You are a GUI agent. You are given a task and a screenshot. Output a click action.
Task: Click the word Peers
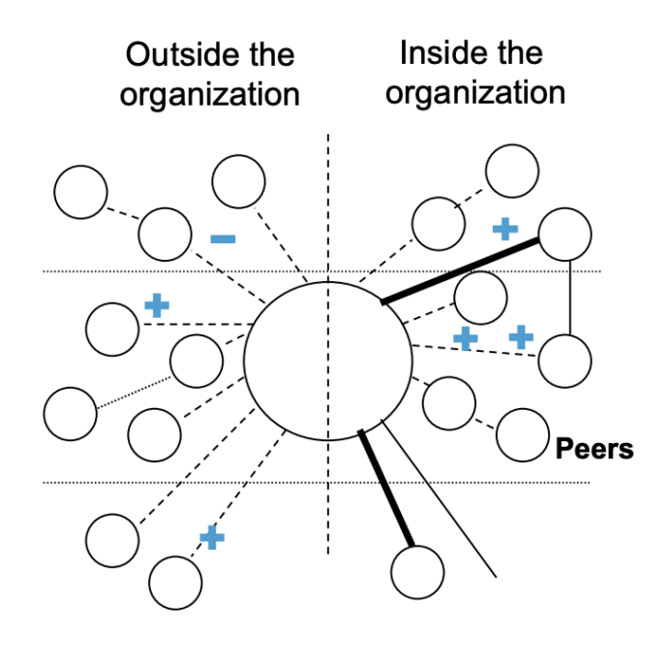coord(594,450)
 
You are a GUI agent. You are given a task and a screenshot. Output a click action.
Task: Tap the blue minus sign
coord(223,237)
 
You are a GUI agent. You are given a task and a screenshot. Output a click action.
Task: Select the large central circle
coord(328,360)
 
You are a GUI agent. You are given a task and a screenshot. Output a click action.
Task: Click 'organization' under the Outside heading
coord(209,95)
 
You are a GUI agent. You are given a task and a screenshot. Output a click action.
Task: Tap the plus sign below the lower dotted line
coord(211,537)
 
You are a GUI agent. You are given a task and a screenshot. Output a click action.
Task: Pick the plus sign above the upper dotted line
coord(504,229)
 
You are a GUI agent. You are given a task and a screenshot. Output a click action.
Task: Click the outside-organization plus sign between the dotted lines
coord(156,305)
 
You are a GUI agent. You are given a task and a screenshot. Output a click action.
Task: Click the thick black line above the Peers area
coord(461,271)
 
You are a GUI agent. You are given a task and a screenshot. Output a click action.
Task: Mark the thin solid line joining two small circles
coord(567,298)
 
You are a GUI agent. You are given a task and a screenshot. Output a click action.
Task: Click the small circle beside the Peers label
coord(522,434)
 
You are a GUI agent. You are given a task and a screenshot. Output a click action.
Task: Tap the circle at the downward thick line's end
coord(418,572)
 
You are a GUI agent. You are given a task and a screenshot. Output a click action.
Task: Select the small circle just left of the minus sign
coord(165,234)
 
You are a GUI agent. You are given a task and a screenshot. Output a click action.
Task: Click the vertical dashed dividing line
coord(328,194)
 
